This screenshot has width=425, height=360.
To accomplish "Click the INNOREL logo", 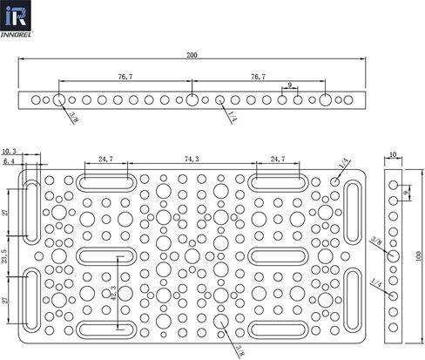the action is pyautogui.click(x=16, y=18).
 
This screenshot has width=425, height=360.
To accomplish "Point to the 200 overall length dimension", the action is pyautogui.click(x=192, y=55).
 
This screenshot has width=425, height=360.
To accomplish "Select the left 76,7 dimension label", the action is pyautogui.click(x=125, y=77).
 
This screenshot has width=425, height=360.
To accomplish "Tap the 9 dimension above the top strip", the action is pyautogui.click(x=289, y=85).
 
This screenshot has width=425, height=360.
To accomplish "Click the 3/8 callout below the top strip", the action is pyautogui.click(x=74, y=119).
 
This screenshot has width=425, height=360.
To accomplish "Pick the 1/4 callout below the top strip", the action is pyautogui.click(x=233, y=117).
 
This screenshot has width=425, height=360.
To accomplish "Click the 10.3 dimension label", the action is pyautogui.click(x=9, y=151).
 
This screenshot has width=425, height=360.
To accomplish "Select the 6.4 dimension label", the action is pyautogui.click(x=9, y=161).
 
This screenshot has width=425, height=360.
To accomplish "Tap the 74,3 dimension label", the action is pyautogui.click(x=192, y=159).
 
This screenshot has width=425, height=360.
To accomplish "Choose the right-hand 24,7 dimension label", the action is pyautogui.click(x=278, y=159).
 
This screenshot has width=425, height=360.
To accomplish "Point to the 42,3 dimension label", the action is pyautogui.click(x=113, y=293).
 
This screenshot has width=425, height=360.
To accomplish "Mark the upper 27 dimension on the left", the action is pyautogui.click(x=5, y=213).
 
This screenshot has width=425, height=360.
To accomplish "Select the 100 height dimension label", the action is pyautogui.click(x=418, y=256).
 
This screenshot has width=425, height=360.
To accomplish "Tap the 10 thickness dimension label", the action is pyautogui.click(x=393, y=155).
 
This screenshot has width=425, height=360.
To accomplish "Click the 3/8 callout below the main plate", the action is pyautogui.click(x=240, y=350).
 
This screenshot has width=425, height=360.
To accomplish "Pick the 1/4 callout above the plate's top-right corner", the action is pyautogui.click(x=346, y=163).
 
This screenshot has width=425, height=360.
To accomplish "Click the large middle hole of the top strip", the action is pyautogui.click(x=192, y=100).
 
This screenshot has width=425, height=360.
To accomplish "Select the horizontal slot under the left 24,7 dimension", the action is pyautogui.click(x=106, y=183).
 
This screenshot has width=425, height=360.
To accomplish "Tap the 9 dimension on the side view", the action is pyautogui.click(x=407, y=192).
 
